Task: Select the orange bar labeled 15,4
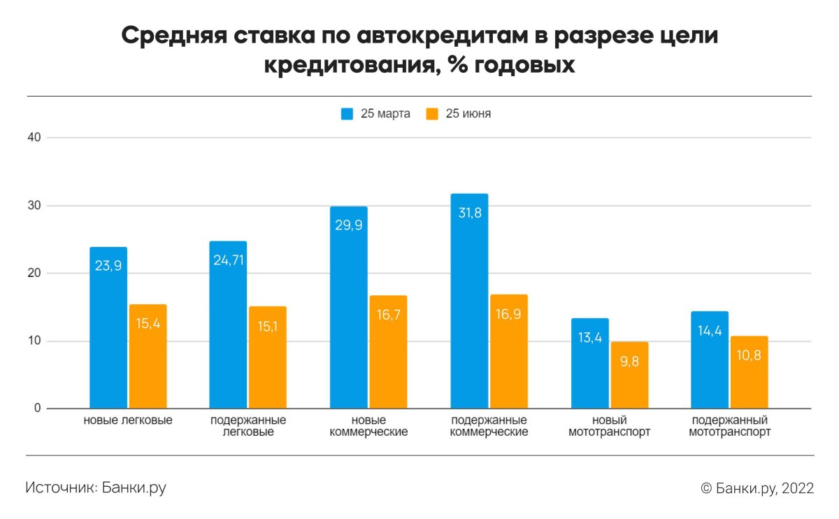[x=148, y=356]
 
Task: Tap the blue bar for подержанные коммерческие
[x=469, y=301]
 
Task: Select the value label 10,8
[x=749, y=356]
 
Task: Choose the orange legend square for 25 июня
[x=432, y=114]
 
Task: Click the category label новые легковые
[x=128, y=420]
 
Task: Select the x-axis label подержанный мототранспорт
[x=729, y=426]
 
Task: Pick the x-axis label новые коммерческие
[x=368, y=426]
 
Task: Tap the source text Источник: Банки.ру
[x=96, y=488]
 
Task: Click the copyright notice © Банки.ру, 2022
[x=756, y=488]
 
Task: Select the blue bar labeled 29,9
[x=348, y=308]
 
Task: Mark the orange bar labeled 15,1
[x=268, y=357]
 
